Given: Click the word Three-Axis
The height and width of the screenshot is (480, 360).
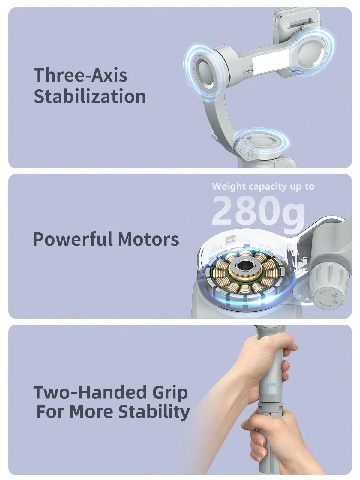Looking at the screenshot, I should (x=80, y=75).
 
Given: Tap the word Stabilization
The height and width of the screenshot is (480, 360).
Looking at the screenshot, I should (x=90, y=97).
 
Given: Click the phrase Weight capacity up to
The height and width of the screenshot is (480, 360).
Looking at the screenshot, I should (x=263, y=186).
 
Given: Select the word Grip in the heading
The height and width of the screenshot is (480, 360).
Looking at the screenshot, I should (x=171, y=392).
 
